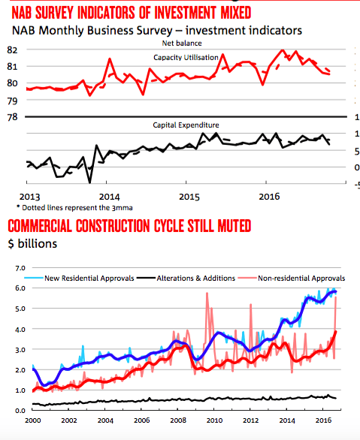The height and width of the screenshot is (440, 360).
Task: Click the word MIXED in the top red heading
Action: click(x=235, y=13)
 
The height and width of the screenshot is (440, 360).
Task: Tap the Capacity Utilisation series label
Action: click(x=186, y=58)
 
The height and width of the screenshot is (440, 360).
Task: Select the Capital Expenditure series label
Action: click(x=186, y=125)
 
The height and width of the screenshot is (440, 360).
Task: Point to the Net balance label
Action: click(x=182, y=44)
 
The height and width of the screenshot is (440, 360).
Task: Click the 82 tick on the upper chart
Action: click(x=12, y=50)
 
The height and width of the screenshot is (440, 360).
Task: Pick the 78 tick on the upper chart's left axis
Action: click(x=12, y=117)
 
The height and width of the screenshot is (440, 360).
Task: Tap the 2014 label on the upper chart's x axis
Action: click(x=109, y=197)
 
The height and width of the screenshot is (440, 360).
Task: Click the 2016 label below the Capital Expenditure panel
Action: click(x=269, y=197)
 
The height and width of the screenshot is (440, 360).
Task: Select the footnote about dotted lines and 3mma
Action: click(x=74, y=208)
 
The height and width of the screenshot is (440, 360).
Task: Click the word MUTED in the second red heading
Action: click(x=234, y=226)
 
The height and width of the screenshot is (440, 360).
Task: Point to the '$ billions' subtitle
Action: click(x=32, y=243)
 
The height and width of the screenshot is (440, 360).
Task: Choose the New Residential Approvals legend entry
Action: click(x=79, y=278)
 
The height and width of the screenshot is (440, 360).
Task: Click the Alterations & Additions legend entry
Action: click(x=186, y=278)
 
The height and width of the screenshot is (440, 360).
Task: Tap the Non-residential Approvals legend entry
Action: click(x=292, y=278)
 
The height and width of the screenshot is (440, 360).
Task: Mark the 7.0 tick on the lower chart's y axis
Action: click(x=20, y=268)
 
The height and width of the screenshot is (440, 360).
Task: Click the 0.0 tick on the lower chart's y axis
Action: click(x=20, y=411)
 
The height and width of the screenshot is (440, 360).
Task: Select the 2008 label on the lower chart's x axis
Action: click(x=178, y=420)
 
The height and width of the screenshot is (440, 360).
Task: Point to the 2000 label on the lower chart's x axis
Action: click(x=33, y=420)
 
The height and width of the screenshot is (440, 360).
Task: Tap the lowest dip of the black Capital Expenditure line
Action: click(x=90, y=182)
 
